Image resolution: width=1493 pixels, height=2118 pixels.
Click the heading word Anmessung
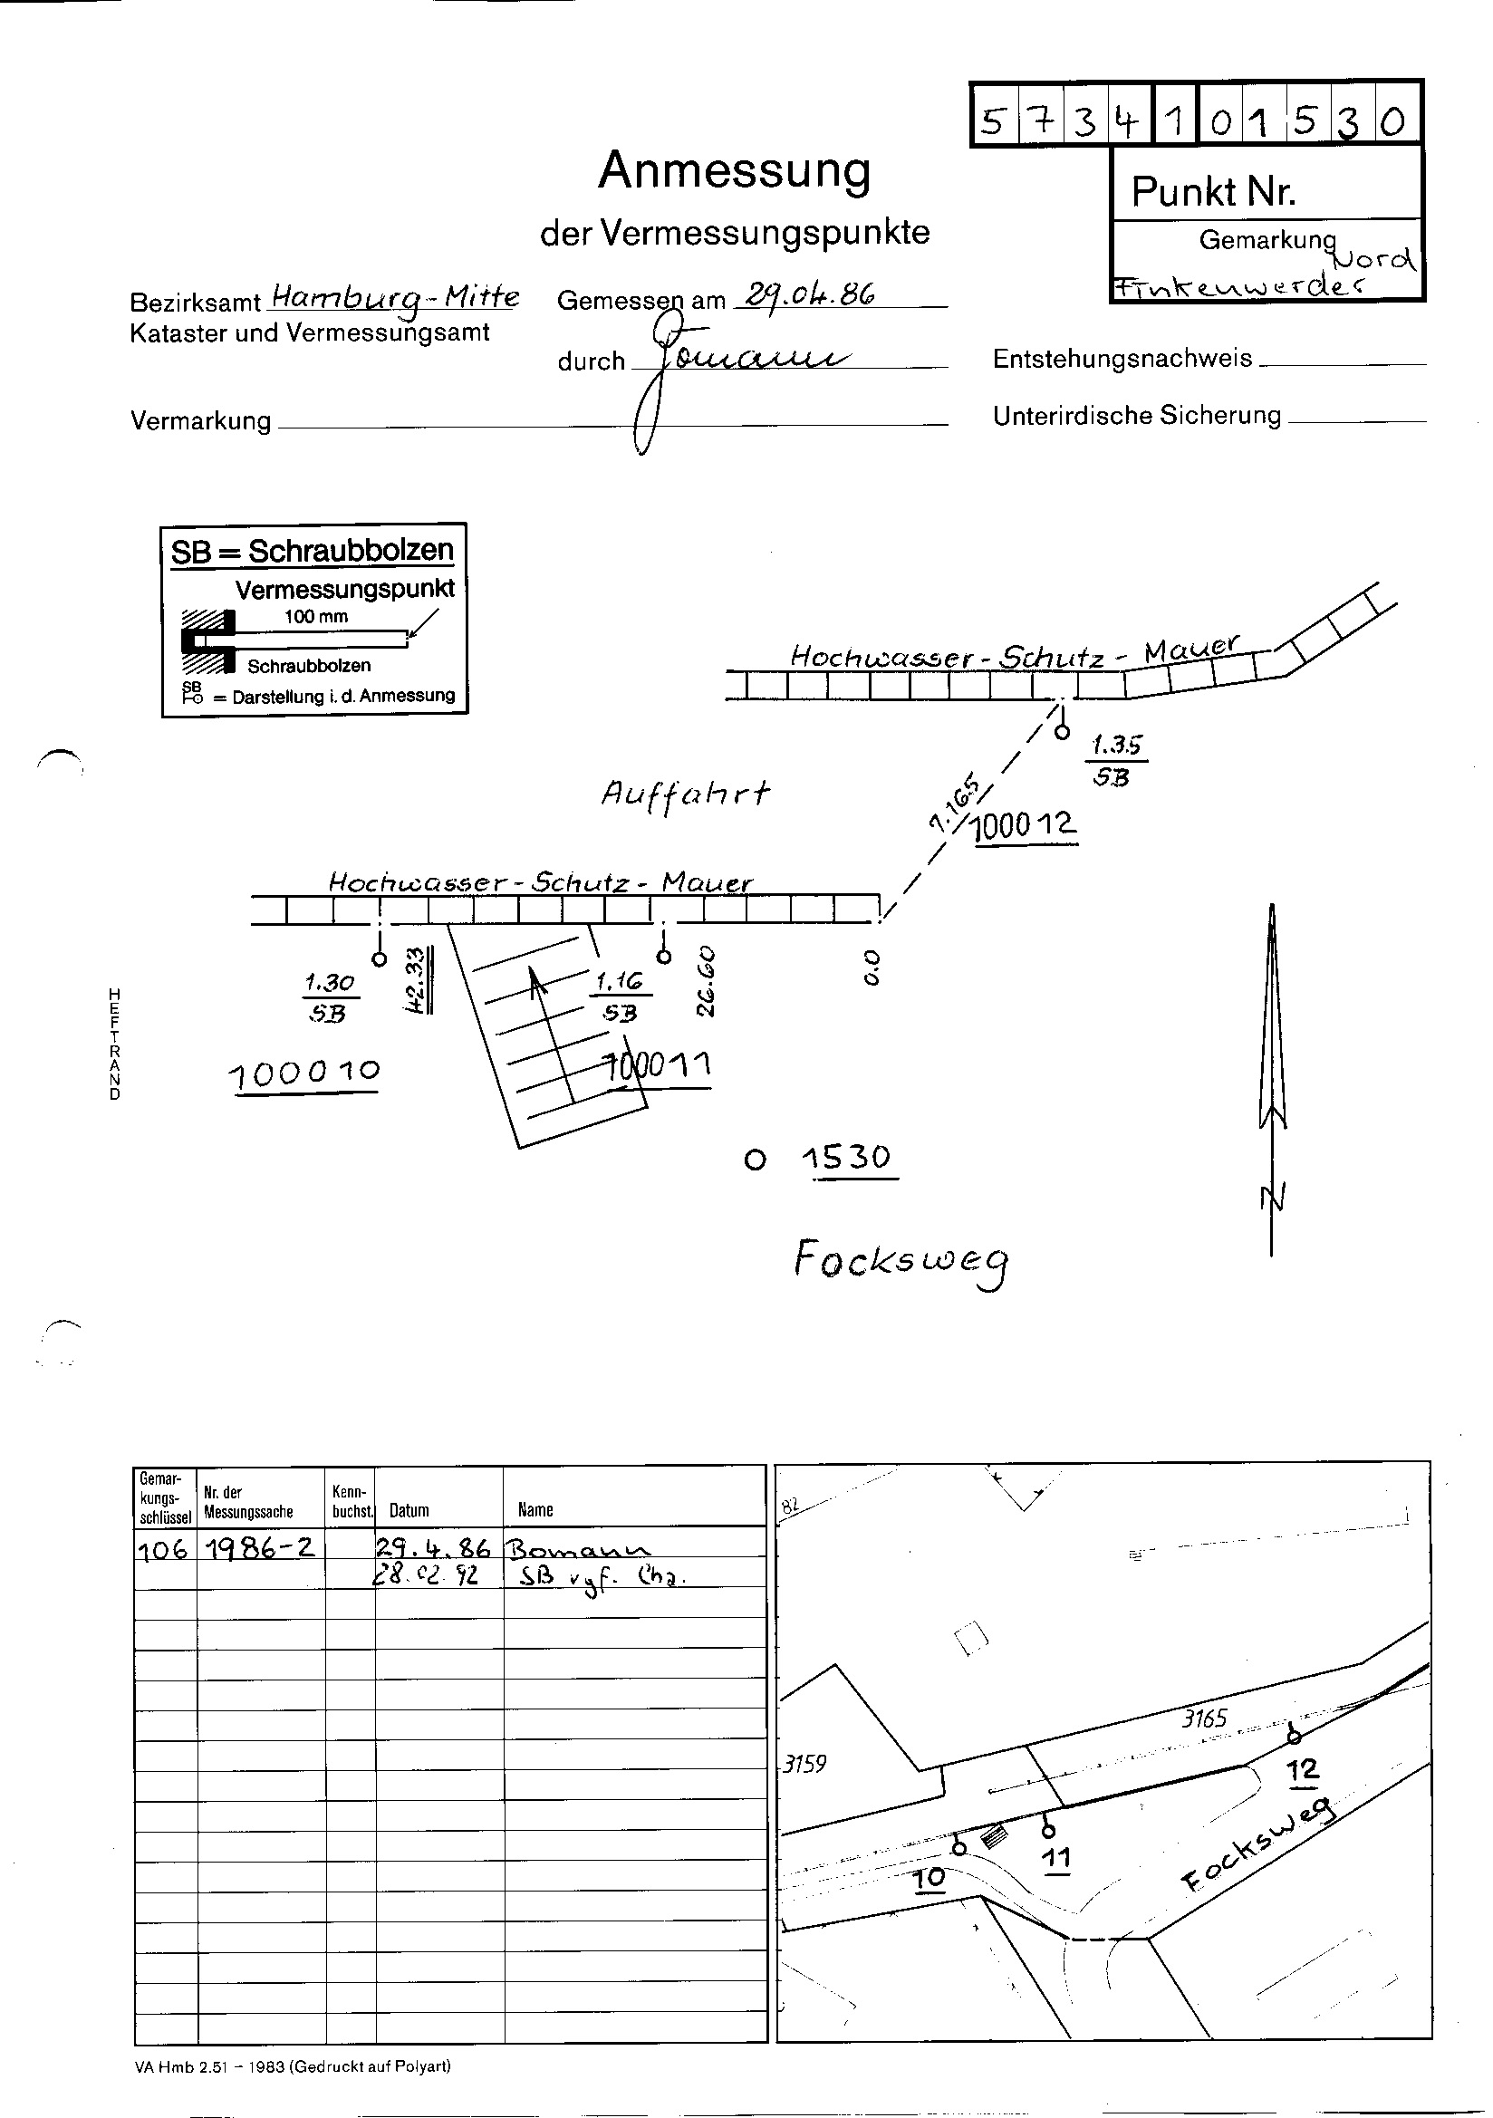[x=734, y=170]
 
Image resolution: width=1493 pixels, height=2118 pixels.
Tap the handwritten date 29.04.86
[x=809, y=294]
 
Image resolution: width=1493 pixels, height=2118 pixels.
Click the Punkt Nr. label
[x=1212, y=192]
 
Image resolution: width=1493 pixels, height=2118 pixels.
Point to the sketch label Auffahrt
[x=685, y=793]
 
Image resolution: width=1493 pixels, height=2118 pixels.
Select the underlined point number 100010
[x=303, y=1073]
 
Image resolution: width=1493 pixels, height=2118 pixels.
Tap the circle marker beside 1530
[x=755, y=1160]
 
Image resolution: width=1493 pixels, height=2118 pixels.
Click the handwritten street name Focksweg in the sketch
[x=901, y=1262]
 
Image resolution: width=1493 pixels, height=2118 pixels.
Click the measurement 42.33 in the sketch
[x=416, y=979]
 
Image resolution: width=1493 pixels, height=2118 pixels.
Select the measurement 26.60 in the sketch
[x=707, y=979]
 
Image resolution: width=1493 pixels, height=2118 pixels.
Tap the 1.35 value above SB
[x=1116, y=745]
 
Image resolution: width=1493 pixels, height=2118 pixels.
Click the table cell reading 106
[x=163, y=1549]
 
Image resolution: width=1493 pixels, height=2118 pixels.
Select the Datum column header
[x=409, y=1510]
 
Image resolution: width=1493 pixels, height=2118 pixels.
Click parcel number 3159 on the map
[x=804, y=1764]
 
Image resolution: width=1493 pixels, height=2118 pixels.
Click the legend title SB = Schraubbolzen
[x=312, y=551]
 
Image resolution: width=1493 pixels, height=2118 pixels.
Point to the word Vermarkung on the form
[x=200, y=421]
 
